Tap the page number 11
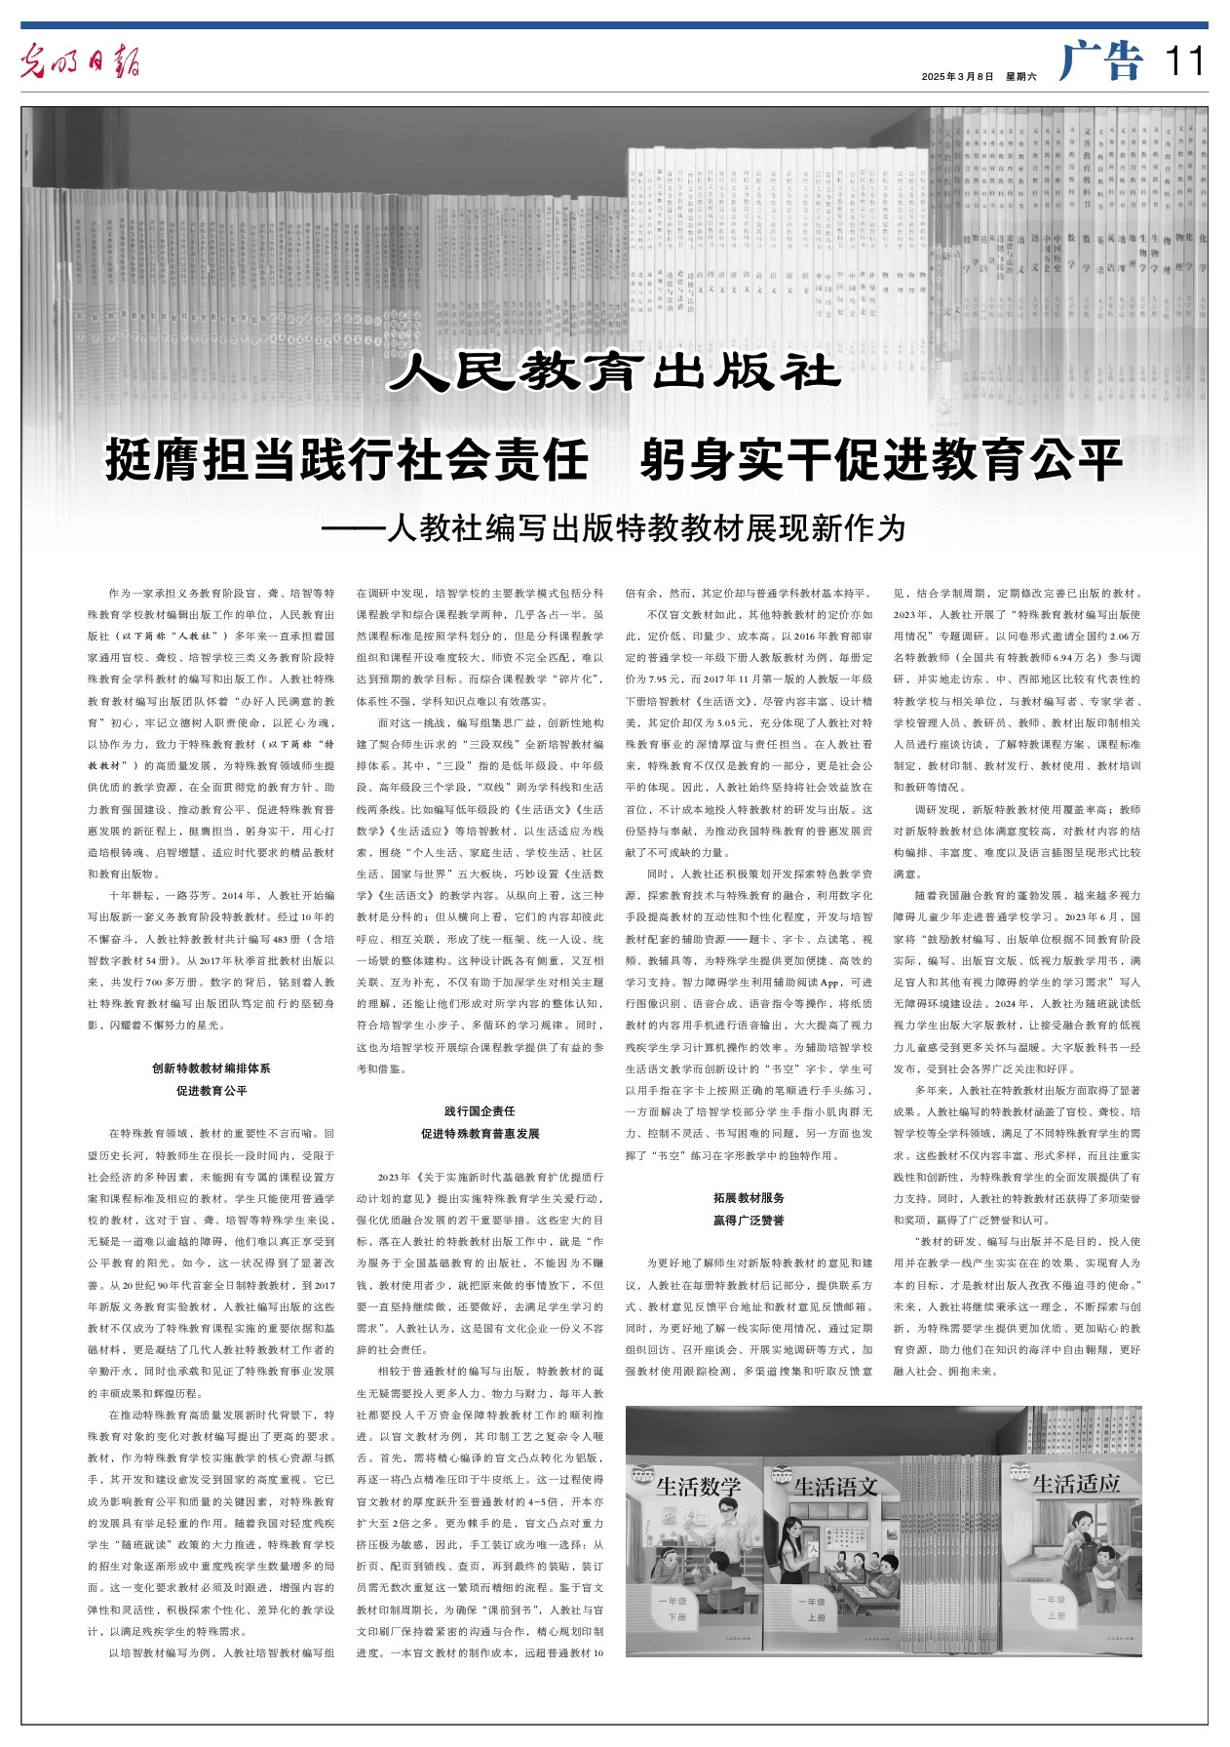click(1184, 62)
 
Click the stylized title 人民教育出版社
click(614, 371)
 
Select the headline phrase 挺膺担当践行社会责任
click(347, 460)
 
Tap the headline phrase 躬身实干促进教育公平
click(881, 460)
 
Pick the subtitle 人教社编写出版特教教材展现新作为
click(645, 528)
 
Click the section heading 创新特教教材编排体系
click(211, 1068)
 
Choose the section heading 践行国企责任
click(480, 1111)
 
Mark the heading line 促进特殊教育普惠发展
click(480, 1134)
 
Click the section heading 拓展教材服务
click(749, 1197)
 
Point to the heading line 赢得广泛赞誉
click(749, 1220)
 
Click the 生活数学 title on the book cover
click(699, 1487)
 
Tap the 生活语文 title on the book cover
click(836, 1487)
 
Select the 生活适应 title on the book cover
click(1076, 1484)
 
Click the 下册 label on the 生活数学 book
click(676, 1617)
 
